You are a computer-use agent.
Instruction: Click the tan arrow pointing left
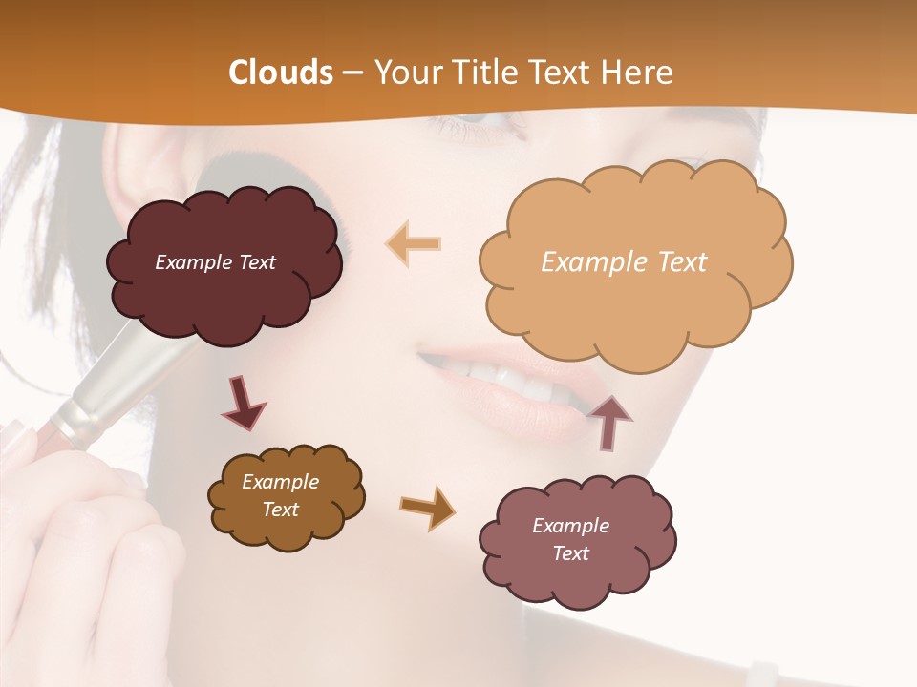pyautogui.click(x=413, y=243)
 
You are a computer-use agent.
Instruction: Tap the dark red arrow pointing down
pyautogui.click(x=243, y=402)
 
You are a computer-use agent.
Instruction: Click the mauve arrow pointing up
pyautogui.click(x=610, y=422)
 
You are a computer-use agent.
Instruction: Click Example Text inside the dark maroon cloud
pyautogui.click(x=215, y=262)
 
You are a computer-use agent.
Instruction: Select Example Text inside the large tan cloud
pyautogui.click(x=624, y=262)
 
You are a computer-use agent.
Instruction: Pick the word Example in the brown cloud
pyautogui.click(x=280, y=482)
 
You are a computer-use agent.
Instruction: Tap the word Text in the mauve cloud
pyautogui.click(x=570, y=553)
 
